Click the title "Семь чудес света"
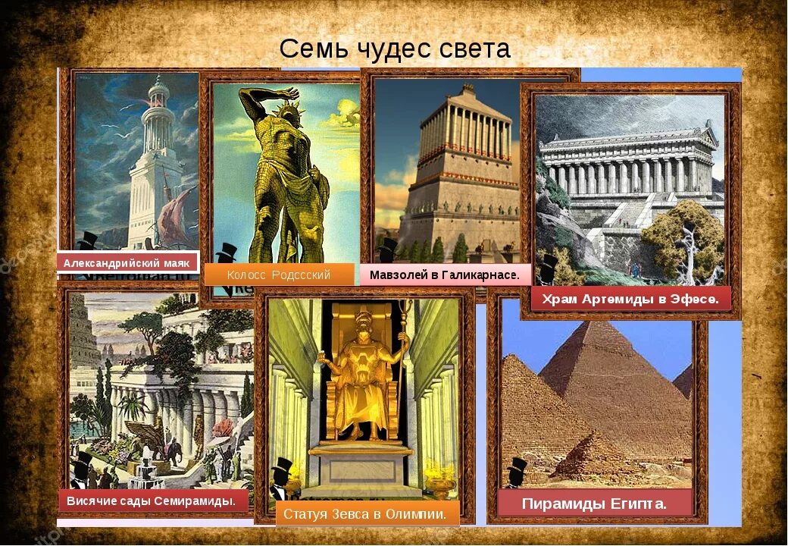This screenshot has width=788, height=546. click(x=395, y=49)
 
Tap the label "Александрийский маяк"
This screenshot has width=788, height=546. click(x=127, y=263)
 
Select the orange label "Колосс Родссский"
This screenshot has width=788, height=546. click(x=278, y=275)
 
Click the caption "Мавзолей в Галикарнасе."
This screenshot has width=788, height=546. click(x=445, y=275)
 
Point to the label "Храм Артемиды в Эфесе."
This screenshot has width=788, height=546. click(x=629, y=299)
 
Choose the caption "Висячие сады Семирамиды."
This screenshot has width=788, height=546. click(x=157, y=501)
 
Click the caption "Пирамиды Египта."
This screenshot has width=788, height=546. click(x=595, y=504)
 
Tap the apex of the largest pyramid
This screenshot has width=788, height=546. click(x=599, y=325)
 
